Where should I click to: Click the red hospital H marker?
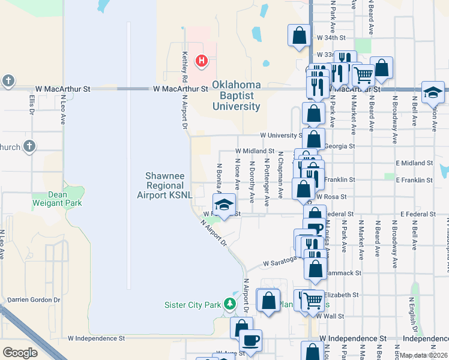(x=202, y=61)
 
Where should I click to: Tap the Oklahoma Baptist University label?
(x=237, y=95)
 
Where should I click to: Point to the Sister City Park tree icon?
(x=229, y=304)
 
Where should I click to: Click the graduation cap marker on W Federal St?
(x=224, y=206)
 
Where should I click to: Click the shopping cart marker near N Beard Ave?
(x=363, y=75)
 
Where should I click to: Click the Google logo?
(x=19, y=353)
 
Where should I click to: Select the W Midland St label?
(x=255, y=151)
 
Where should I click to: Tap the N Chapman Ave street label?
(x=280, y=175)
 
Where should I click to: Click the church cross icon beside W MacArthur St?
(x=8, y=80)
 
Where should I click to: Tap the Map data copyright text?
(x=424, y=355)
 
